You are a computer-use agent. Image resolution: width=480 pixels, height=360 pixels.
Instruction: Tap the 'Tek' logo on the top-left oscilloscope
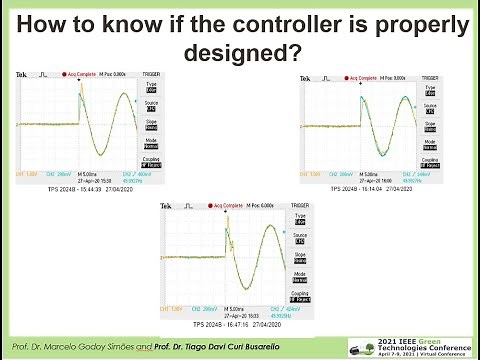[22, 76]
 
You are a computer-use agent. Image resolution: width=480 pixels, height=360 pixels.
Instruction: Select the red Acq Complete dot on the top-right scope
[343, 76]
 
